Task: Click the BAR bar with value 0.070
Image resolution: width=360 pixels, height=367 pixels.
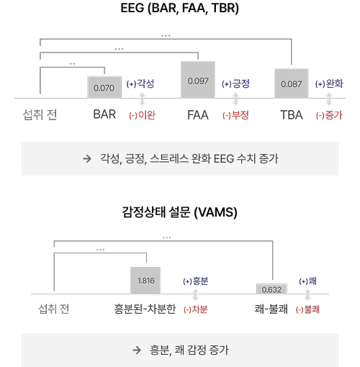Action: pyautogui.click(x=104, y=87)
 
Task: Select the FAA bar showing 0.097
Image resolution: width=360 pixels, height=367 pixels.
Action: pyautogui.click(x=198, y=80)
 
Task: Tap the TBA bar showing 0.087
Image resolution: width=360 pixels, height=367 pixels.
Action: pyautogui.click(x=292, y=83)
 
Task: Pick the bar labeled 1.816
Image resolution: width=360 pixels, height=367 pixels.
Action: pyautogui.click(x=145, y=281)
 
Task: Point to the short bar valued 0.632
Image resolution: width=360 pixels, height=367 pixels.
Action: pyautogui.click(x=271, y=289)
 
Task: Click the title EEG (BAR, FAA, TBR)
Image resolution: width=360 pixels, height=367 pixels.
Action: pyautogui.click(x=180, y=8)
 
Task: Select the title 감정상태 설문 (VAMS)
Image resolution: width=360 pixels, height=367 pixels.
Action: pyautogui.click(x=180, y=212)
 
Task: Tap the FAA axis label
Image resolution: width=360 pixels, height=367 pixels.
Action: pyautogui.click(x=198, y=115)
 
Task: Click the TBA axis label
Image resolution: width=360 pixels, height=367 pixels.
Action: pyautogui.click(x=292, y=115)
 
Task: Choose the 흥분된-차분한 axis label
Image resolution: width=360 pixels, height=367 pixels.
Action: pyautogui.click(x=145, y=309)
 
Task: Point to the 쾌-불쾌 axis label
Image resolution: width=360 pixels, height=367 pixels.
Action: pyautogui.click(x=271, y=309)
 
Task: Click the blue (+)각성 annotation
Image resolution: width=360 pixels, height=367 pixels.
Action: pyautogui.click(x=140, y=83)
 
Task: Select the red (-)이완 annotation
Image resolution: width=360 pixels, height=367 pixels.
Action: pyautogui.click(x=142, y=115)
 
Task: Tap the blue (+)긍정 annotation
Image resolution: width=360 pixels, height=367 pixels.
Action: pyautogui.click(x=235, y=83)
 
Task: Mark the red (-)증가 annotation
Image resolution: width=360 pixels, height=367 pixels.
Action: pyautogui.click(x=329, y=115)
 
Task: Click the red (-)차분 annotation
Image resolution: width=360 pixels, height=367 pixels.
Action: pyautogui.click(x=196, y=309)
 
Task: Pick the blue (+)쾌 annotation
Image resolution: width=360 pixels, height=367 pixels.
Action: pyautogui.click(x=308, y=281)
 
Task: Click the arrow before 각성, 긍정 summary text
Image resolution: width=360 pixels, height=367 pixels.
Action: pyautogui.click(x=87, y=158)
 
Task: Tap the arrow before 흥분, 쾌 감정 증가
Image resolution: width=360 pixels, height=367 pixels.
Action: pyautogui.click(x=137, y=350)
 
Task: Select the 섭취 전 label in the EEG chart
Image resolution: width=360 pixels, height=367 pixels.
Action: pyautogui.click(x=40, y=114)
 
